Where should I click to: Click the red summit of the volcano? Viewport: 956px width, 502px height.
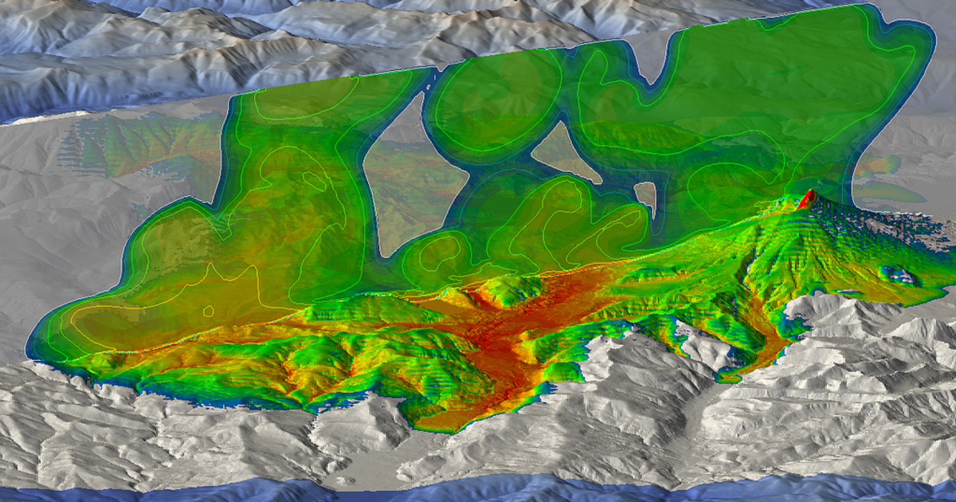tap(806, 199)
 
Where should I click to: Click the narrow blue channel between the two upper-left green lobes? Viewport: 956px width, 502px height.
tap(430, 104)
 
